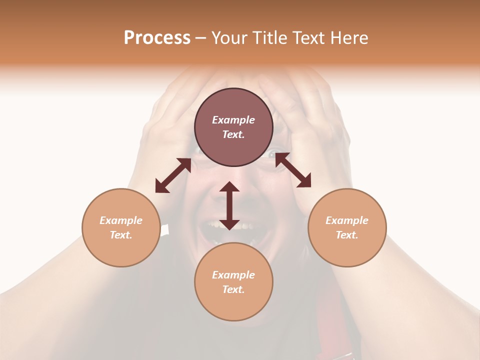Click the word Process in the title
tap(157, 38)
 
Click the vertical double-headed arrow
tap(229, 205)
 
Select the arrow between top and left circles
tap(173, 175)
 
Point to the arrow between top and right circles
tap(293, 170)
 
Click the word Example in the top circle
tap(233, 120)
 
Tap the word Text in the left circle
tap(120, 235)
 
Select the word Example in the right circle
tap(347, 220)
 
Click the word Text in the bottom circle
tap(233, 289)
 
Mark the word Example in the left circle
tap(121, 220)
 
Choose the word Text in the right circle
tap(346, 235)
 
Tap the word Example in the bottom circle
tap(233, 275)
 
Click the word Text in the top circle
tap(233, 134)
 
